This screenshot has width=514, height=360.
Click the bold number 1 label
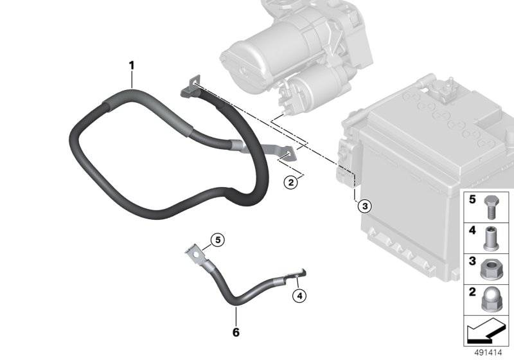pos(132,66)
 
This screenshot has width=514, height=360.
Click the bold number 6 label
pos(236,332)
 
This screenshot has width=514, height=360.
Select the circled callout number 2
pos(291,182)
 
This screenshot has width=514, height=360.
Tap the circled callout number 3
pos(365,206)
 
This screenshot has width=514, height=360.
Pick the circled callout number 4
pos(299,296)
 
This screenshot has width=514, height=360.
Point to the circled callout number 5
pos(218,240)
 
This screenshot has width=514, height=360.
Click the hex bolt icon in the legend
pos(491,207)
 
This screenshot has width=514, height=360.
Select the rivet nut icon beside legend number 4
pos(491,239)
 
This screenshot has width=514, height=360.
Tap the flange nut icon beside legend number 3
pos(491,269)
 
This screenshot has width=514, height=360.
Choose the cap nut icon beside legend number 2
pos(492,300)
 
